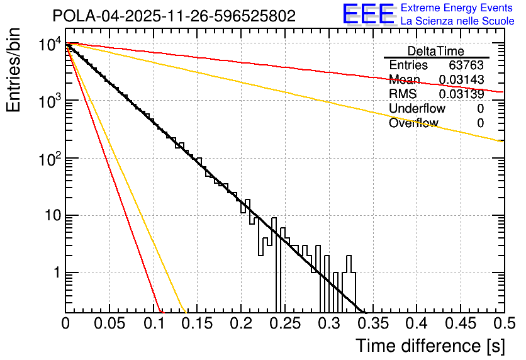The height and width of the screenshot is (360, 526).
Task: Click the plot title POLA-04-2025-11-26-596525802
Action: tap(174, 16)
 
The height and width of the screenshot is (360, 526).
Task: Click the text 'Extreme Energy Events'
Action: tap(457, 8)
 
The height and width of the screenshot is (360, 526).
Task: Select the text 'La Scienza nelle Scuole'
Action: tap(457, 21)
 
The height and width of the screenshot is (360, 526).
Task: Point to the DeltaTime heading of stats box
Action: tap(436, 51)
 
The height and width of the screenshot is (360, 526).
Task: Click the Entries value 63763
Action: tap(466, 65)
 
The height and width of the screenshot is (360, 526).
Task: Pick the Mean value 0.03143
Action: tap(461, 80)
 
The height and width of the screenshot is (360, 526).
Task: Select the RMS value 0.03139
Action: tap(461, 94)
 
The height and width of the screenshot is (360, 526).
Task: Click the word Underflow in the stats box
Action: tap(418, 109)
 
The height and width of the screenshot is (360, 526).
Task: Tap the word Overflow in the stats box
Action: tap(413, 123)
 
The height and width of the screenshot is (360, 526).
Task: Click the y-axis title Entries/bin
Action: tap(14, 71)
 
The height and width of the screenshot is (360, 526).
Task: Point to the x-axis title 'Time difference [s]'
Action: tap(430, 346)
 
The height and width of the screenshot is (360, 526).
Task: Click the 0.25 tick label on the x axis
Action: tap(285, 323)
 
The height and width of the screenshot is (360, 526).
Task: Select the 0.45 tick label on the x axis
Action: tap(461, 323)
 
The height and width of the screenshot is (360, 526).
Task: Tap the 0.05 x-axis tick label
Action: tap(109, 323)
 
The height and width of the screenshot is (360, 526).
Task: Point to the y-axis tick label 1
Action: tap(55, 273)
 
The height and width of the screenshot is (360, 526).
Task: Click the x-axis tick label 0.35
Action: tap(372, 323)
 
